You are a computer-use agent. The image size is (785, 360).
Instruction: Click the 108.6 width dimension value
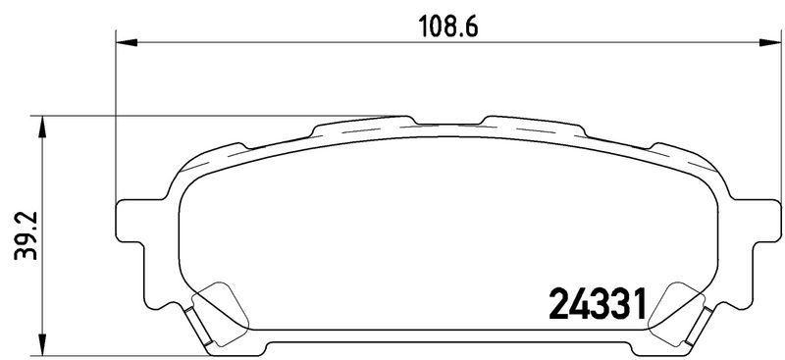tap(448, 27)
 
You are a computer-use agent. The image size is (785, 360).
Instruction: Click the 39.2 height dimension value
tap(26, 235)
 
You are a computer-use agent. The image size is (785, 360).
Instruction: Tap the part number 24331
tap(598, 304)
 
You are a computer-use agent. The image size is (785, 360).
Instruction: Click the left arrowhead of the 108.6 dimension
tap(127, 42)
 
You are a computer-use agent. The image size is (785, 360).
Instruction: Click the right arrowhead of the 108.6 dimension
tap(770, 42)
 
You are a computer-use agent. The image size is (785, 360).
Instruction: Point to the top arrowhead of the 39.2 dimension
tap(42, 127)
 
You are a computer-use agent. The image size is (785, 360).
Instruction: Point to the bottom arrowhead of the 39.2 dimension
tap(42, 345)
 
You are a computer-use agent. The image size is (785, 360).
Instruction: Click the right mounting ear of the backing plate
tap(766, 221)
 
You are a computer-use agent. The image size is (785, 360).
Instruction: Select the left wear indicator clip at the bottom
tap(198, 326)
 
